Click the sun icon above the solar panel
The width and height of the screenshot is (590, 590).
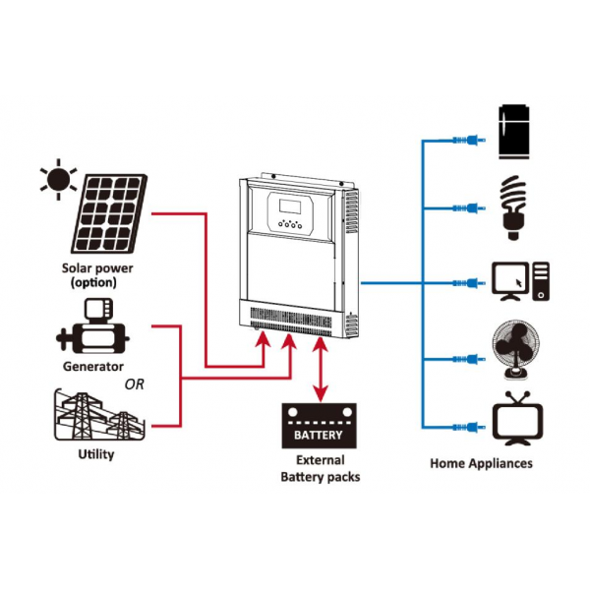coord(58,180)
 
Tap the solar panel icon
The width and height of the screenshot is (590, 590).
coord(109,213)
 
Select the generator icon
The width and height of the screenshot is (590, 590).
coord(92,326)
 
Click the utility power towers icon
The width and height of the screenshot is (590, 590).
coord(99,415)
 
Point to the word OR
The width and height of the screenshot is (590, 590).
coord(135,384)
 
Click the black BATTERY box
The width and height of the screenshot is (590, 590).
coord(319,426)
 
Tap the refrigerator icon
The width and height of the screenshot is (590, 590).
coord(513,132)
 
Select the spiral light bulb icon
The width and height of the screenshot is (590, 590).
coord(513,207)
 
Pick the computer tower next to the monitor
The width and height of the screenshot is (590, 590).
coord(541,281)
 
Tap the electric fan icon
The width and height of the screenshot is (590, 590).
coord(516,349)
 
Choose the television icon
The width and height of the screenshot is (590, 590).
coord(518,419)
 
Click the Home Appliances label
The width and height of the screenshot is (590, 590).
coord(481,463)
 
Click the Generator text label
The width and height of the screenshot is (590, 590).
coord(93,367)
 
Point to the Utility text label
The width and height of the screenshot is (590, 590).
coord(96,454)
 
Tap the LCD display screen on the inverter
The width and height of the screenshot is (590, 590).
coord(290,206)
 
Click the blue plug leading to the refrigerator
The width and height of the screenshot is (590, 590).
coord(469,141)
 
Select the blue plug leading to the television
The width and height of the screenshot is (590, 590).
coord(469,428)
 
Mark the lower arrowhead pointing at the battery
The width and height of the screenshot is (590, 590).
coord(321,394)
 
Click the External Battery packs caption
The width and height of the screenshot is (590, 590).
coord(321,468)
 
